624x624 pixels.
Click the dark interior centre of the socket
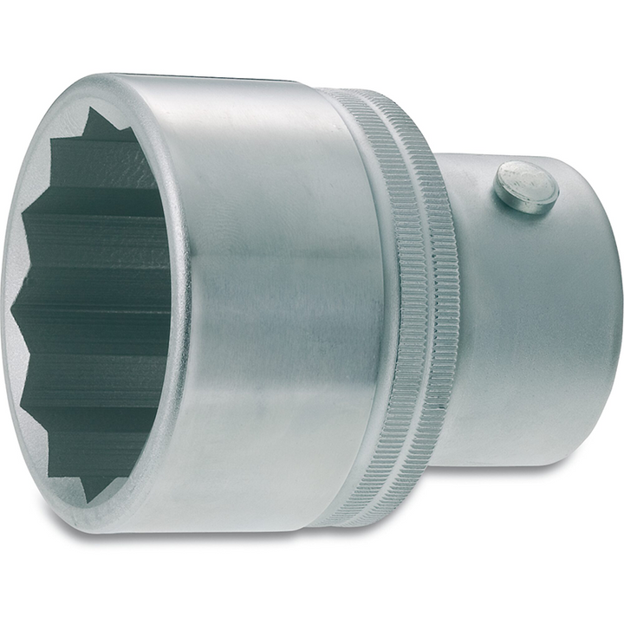coord(95,303)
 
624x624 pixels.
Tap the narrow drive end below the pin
coord(537,329)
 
